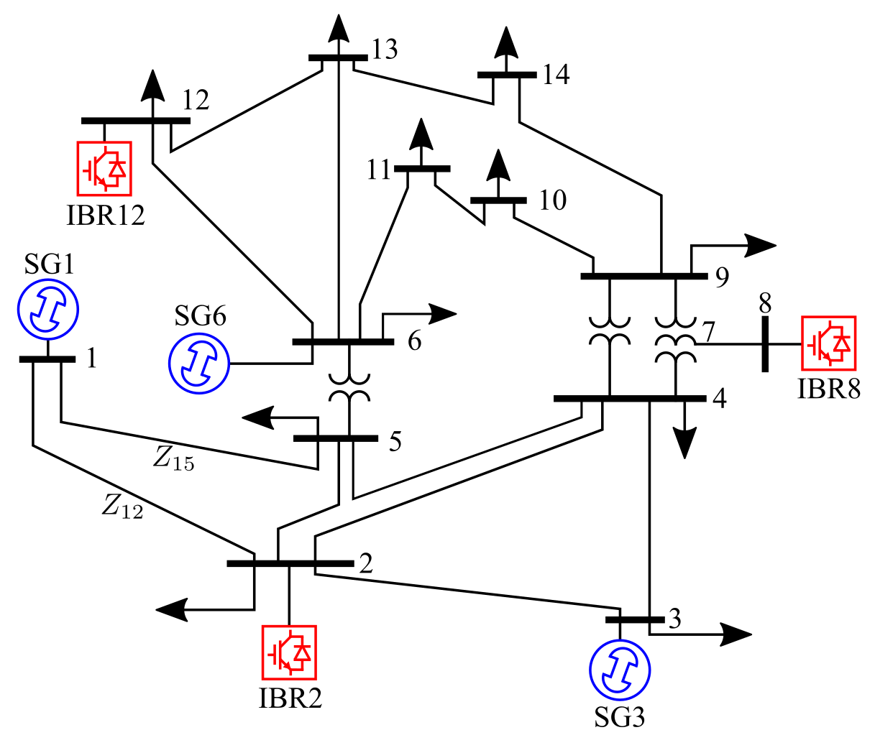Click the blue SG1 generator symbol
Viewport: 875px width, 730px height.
click(x=47, y=308)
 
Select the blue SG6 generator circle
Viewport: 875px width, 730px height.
click(x=198, y=364)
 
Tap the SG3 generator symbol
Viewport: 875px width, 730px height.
click(x=620, y=669)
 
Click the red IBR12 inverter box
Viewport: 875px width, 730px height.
click(x=104, y=168)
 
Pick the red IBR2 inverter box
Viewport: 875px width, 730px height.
click(x=289, y=652)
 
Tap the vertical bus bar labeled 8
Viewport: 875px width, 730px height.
click(x=765, y=344)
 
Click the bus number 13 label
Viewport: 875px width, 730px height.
click(x=385, y=50)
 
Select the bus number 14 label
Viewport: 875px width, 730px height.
click(x=556, y=74)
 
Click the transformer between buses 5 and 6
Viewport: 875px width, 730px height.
click(x=349, y=388)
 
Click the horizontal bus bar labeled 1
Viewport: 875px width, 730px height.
click(x=47, y=359)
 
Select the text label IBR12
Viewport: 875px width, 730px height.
click(x=106, y=215)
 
